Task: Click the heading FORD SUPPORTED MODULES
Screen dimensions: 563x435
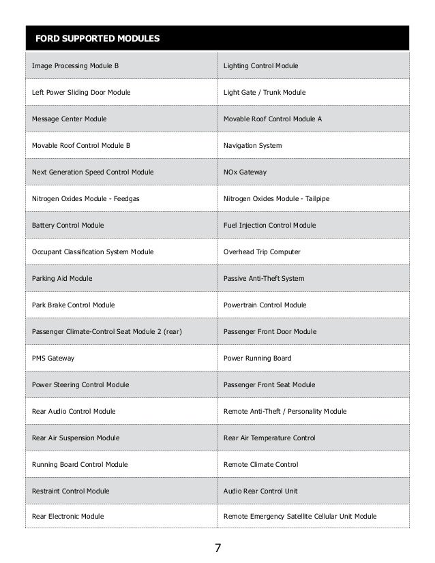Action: (97, 37)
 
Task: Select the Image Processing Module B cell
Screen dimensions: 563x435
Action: (76, 65)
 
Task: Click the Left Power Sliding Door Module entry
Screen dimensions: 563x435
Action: (81, 92)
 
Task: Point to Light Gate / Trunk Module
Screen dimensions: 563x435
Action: (265, 92)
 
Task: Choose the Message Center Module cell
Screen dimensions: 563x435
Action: (69, 119)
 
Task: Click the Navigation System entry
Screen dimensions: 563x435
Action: (252, 145)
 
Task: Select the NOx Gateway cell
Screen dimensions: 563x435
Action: (245, 172)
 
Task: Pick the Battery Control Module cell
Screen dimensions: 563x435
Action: (68, 225)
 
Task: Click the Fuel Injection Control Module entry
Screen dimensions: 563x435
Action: (269, 225)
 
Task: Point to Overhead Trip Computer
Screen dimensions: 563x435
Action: (262, 252)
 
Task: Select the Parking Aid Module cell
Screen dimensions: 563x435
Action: (62, 278)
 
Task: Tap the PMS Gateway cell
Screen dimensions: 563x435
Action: (53, 358)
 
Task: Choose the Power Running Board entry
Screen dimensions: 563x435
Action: (257, 358)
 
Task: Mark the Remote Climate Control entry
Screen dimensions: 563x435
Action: (260, 464)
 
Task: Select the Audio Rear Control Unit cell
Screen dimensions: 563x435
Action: (265, 491)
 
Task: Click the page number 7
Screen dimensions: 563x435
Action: (217, 548)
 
